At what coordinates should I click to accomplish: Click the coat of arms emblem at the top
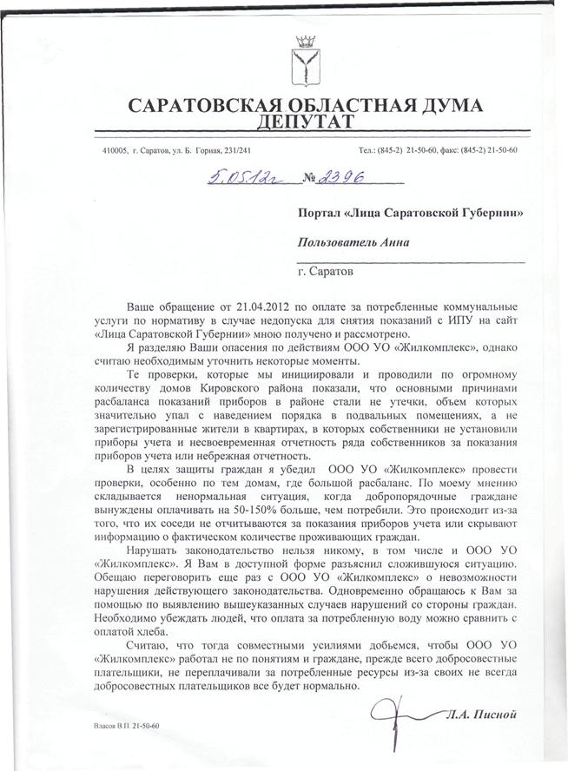coord(303,60)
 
